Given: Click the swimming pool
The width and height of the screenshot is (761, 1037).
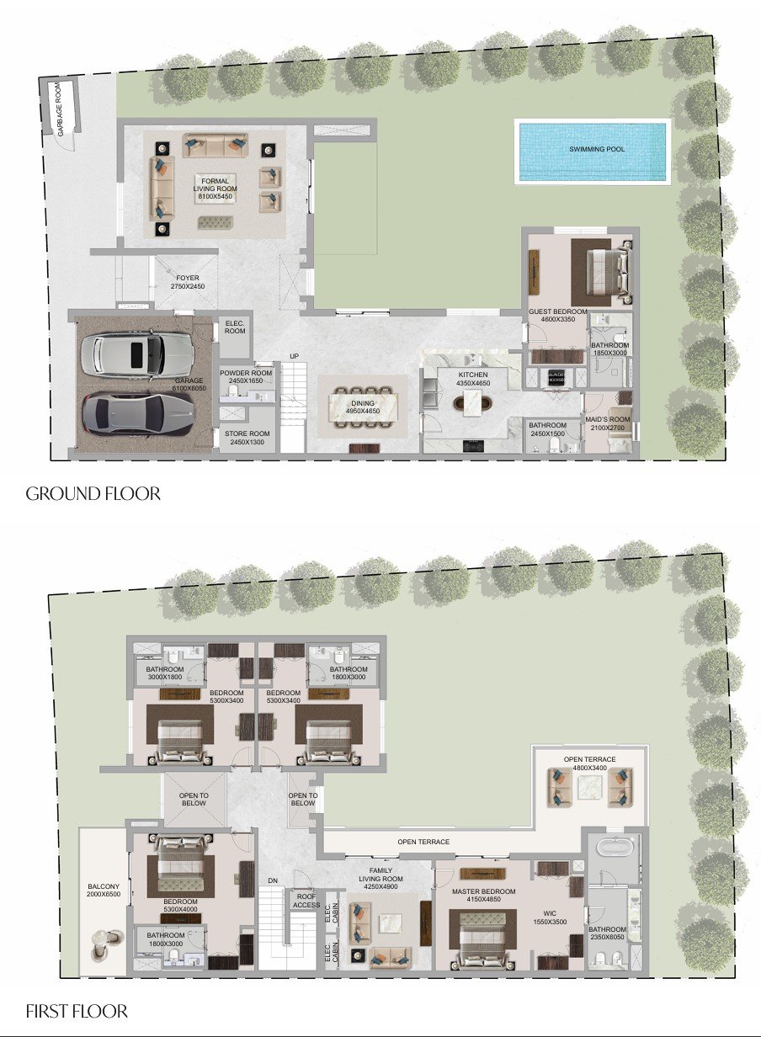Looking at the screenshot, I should [x=593, y=150].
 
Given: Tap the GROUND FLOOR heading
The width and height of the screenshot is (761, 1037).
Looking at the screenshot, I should [x=93, y=493].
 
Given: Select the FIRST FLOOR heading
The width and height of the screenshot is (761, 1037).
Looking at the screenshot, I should [x=77, y=1010].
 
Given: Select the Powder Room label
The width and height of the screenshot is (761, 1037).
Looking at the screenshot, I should [x=246, y=376].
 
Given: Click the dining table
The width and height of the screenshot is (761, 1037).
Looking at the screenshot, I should [x=364, y=403].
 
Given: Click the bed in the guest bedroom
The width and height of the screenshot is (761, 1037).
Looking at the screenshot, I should [x=600, y=271].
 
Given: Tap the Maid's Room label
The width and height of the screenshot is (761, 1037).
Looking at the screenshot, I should [x=608, y=423].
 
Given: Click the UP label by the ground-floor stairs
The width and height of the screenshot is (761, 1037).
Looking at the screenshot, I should [x=294, y=355].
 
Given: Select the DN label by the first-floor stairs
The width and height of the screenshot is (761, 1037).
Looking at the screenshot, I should [x=273, y=880].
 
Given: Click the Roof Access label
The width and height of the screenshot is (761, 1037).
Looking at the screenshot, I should [x=306, y=900].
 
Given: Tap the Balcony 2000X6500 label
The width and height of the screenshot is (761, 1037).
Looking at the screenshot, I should [x=104, y=891].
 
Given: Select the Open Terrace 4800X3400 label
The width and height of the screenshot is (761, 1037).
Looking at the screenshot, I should [x=589, y=763].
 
